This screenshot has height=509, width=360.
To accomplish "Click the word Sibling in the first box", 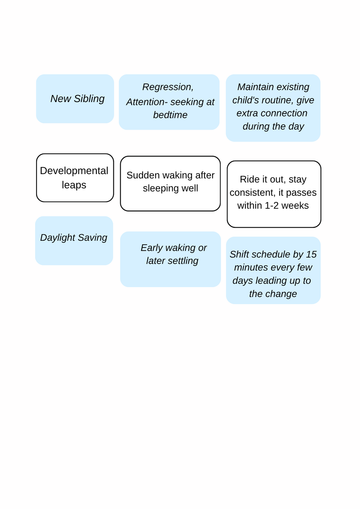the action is [x=89, y=99].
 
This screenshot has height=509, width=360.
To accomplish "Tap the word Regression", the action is [x=168, y=87].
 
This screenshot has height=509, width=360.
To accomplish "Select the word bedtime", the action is [x=170, y=115].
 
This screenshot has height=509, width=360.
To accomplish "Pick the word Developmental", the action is [x=74, y=171].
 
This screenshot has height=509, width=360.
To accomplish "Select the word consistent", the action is [x=253, y=193].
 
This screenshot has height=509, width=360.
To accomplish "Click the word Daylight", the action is [x=58, y=238].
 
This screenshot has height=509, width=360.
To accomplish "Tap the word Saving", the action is [x=92, y=238].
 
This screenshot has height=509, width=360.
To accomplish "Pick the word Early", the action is [x=152, y=248].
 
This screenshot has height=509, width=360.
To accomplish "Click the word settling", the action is [x=183, y=261].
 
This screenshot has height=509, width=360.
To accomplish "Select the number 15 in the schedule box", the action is [x=311, y=254].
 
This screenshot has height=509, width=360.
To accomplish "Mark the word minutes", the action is [x=248, y=268].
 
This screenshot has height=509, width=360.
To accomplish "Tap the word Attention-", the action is [x=147, y=102].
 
